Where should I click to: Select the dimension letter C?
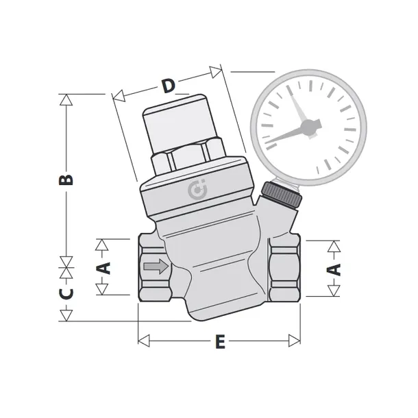click(66, 293)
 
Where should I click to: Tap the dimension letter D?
click(169, 86)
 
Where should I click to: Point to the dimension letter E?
click(220, 341)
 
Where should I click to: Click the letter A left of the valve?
click(103, 268)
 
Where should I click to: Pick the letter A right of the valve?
click(334, 269)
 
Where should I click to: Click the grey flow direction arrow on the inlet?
click(156, 266)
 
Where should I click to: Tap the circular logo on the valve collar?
click(197, 190)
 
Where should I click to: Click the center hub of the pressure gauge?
click(310, 127)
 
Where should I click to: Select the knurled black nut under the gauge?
click(282, 195)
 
